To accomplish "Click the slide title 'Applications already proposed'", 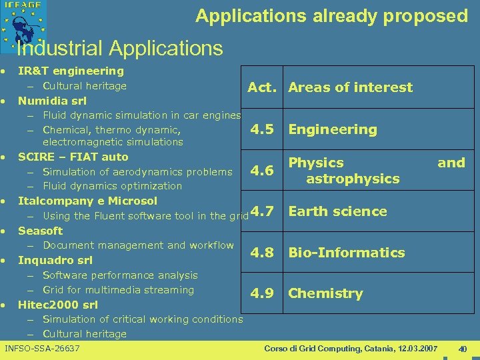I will (331, 16).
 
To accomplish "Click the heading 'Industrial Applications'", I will (120, 48).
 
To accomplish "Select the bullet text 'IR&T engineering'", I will (71, 71).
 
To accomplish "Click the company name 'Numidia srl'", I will (52, 101).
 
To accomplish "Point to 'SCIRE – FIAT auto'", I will (73, 157).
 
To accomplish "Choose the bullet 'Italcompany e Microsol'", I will (87, 201).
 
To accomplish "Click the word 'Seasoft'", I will (40, 231).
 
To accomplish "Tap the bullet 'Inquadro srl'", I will (55, 260).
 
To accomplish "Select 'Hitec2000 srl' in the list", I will (58, 305).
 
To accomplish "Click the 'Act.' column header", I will (263, 87).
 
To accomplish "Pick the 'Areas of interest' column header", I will (350, 87).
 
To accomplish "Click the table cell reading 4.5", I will (262, 129).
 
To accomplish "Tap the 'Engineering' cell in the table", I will (332, 129).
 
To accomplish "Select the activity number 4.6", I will (262, 171).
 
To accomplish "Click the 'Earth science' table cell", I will (337, 211).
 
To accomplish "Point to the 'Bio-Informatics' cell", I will (346, 253).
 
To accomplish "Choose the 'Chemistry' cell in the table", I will (325, 293).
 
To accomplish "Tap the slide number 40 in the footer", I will (463, 349).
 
